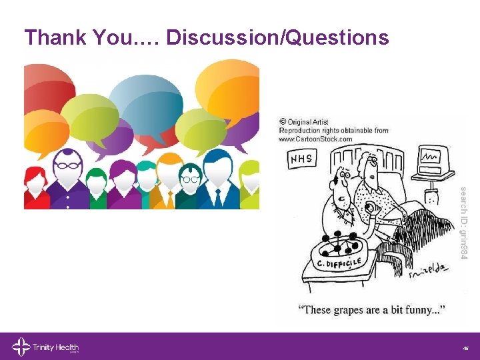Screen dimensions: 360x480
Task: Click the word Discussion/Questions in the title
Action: pyautogui.click(x=277, y=37)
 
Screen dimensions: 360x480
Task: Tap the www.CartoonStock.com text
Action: pyautogui.click(x=315, y=139)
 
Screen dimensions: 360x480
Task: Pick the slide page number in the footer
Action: pyautogui.click(x=465, y=347)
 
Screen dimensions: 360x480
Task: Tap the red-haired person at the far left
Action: pyautogui.click(x=33, y=187)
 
